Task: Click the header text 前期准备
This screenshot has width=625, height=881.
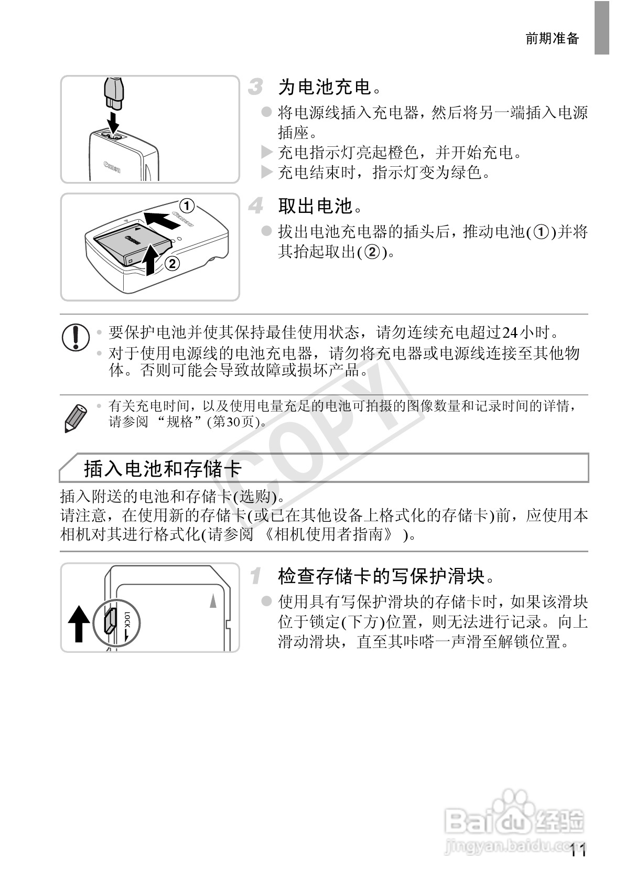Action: click(x=552, y=39)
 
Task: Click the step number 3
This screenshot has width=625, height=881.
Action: click(x=255, y=87)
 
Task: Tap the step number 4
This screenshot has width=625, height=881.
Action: click(x=256, y=206)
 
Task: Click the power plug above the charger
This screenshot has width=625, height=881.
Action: click(x=113, y=94)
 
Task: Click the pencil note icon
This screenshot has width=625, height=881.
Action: click(x=76, y=417)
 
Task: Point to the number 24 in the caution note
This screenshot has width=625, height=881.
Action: click(x=510, y=332)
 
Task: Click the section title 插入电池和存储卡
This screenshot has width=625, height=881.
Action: click(x=163, y=468)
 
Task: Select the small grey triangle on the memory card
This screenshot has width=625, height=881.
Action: click(x=213, y=600)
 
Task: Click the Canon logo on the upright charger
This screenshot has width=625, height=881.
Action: click(x=113, y=166)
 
